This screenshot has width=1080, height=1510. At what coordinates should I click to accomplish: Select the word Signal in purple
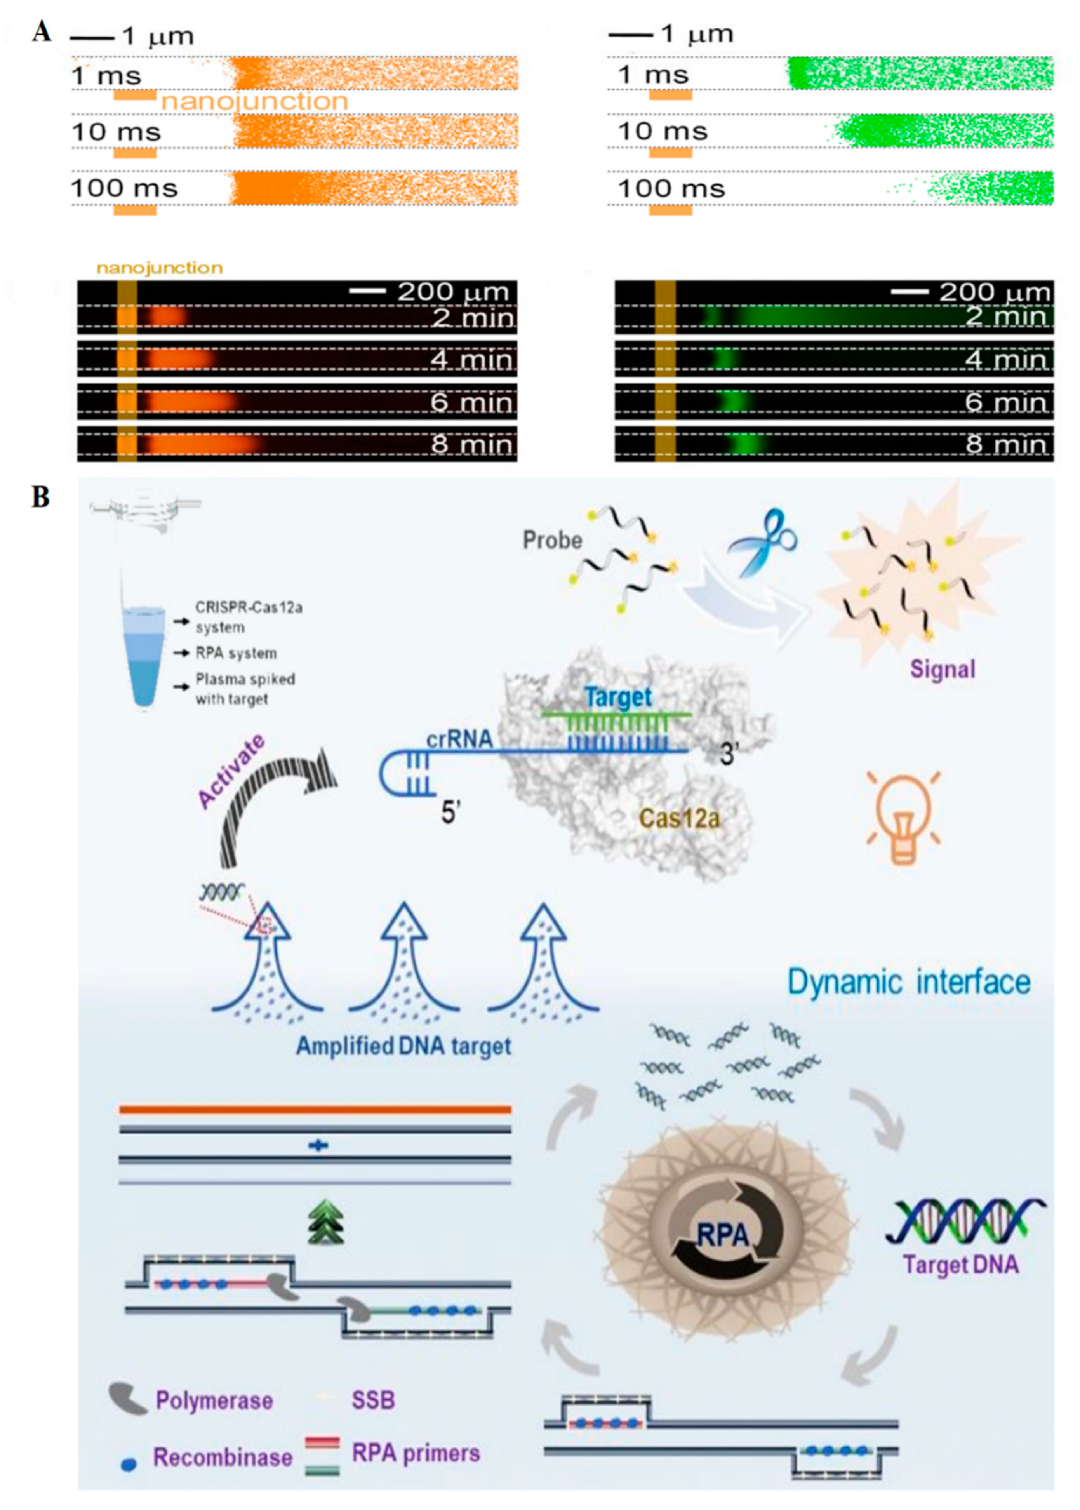pos(943,669)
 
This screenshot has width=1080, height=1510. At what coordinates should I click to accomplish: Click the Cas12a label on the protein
pos(679,817)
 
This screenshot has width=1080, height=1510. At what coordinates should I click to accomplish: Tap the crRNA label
pos(459,739)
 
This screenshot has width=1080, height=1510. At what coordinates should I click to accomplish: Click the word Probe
pos(552,540)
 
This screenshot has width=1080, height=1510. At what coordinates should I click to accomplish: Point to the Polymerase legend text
pos(214,1401)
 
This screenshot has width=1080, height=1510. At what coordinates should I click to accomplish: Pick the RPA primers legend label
pos(416,1453)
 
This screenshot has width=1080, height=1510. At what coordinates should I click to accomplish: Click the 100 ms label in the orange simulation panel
pos(124,188)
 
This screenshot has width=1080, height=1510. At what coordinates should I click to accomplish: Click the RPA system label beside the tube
pos(236,653)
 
